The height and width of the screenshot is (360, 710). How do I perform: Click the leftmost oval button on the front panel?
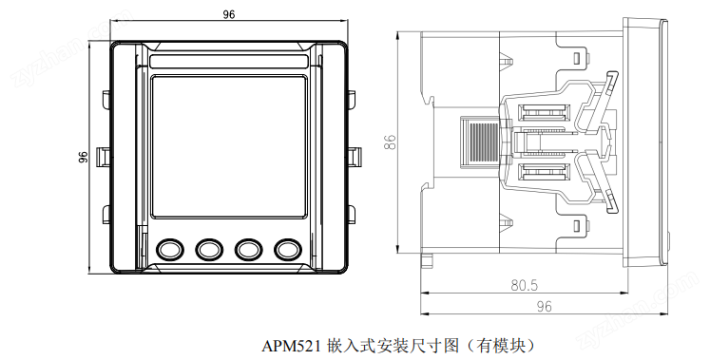pyautogui.click(x=170, y=249)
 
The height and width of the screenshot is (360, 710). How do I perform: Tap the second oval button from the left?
pyautogui.click(x=209, y=249)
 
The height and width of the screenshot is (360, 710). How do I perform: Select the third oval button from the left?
pyautogui.click(x=249, y=249)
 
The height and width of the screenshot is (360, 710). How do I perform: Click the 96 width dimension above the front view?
pyautogui.click(x=229, y=14)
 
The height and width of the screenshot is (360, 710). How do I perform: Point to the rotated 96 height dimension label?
pyautogui.click(x=83, y=157)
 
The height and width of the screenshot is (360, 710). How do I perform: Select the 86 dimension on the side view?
pyautogui.click(x=390, y=142)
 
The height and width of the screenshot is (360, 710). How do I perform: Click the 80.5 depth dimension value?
pyautogui.click(x=525, y=285)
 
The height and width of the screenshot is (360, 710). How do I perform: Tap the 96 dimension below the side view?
pyautogui.click(x=544, y=307)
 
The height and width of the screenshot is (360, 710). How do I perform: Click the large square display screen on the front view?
pyautogui.click(x=229, y=146)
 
